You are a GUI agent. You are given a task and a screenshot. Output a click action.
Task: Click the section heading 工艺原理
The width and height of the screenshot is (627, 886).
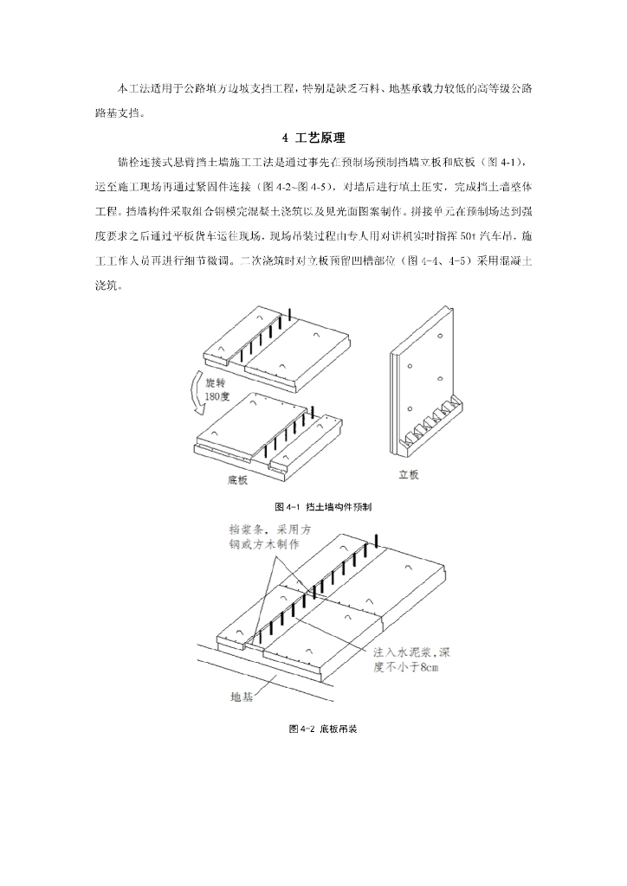tap(320, 138)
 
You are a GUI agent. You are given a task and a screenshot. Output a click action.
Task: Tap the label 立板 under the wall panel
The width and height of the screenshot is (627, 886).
tap(409, 474)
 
